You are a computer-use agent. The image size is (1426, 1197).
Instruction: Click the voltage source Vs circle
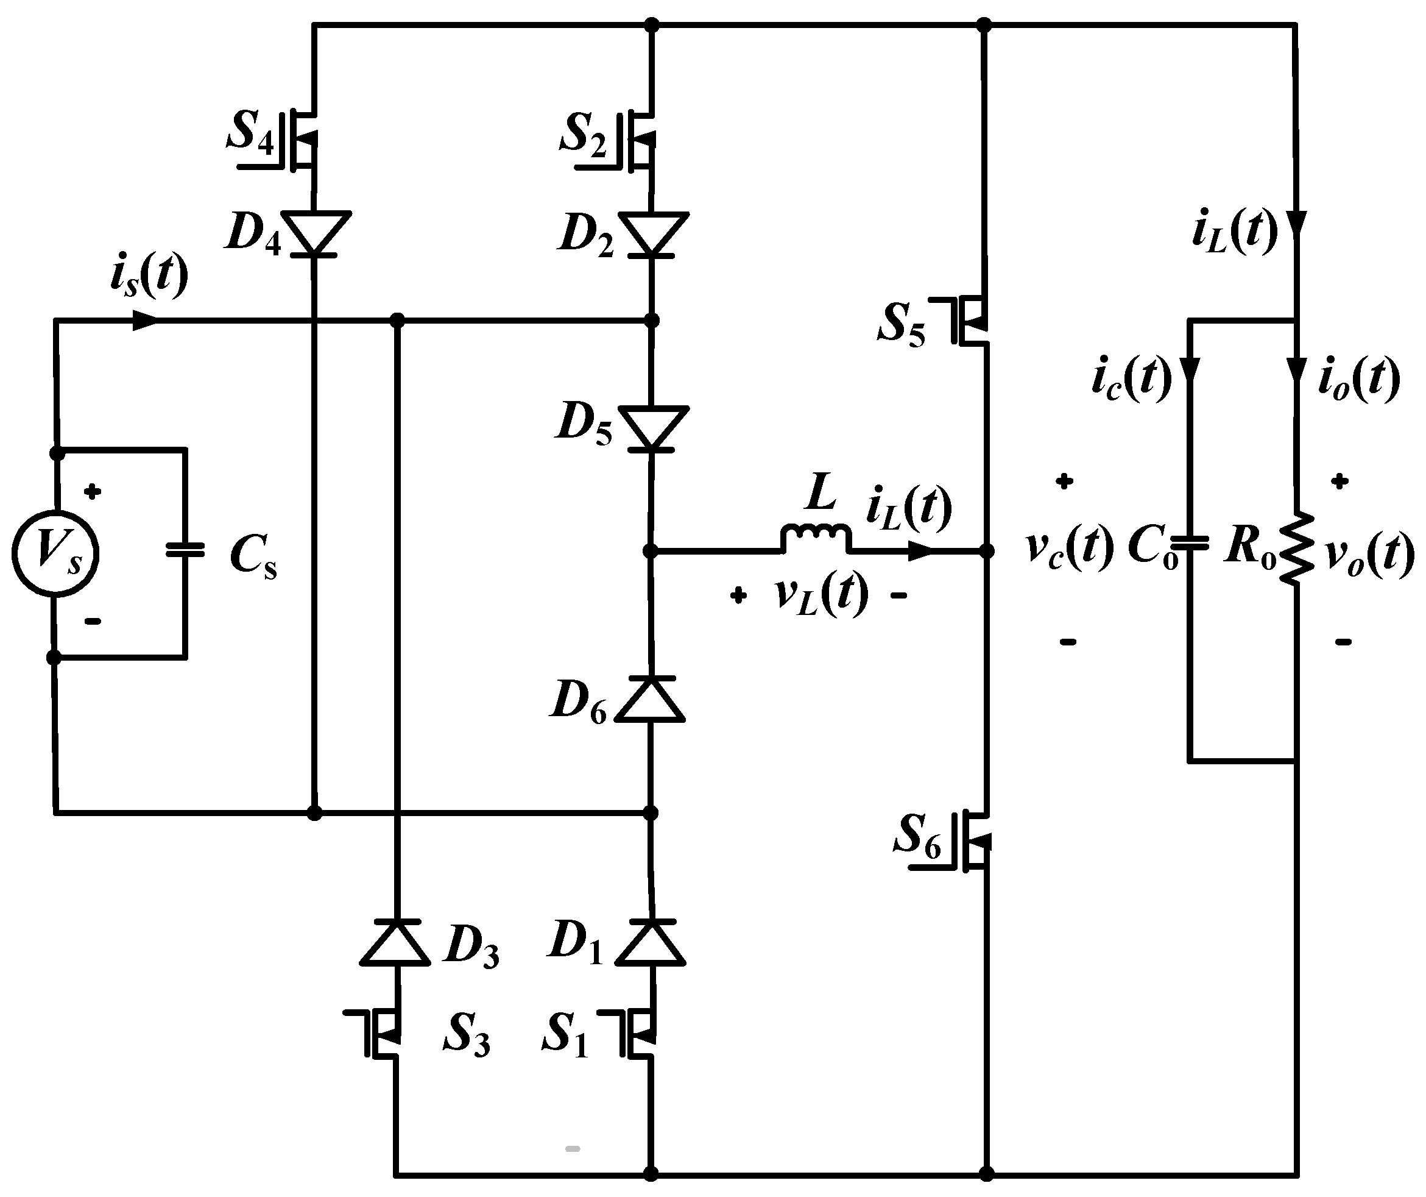pos(55,553)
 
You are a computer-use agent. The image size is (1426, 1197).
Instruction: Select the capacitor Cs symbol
pos(185,550)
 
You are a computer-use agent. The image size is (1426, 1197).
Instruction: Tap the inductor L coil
pos(816,537)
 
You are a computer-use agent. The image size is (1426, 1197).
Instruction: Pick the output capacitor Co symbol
pos(1190,542)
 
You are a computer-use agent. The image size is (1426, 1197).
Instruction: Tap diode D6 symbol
pos(650,699)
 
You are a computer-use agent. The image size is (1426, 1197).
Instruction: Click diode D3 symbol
pos(396,943)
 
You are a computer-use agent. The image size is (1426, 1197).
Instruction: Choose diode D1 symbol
pos(651,943)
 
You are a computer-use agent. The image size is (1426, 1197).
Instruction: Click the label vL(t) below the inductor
pos(821,594)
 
